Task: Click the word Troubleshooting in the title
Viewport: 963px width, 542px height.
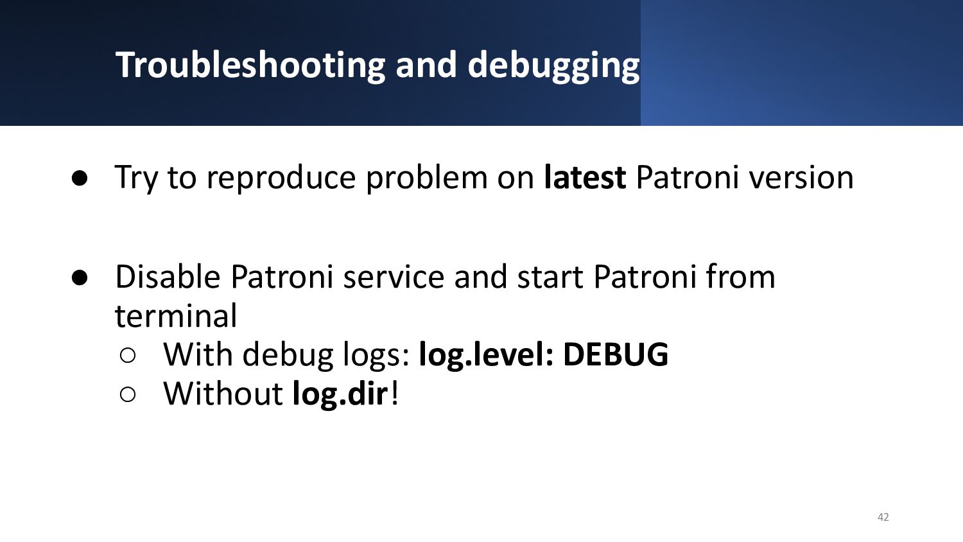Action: pyautogui.click(x=250, y=65)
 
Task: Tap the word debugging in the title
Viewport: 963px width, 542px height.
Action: pyautogui.click(x=553, y=65)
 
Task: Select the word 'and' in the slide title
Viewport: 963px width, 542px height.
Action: pyautogui.click(x=426, y=65)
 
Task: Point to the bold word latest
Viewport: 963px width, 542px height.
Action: pyautogui.click(x=585, y=177)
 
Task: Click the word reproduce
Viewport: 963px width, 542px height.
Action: pyautogui.click(x=281, y=178)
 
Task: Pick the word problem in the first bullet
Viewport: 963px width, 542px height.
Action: pyautogui.click(x=426, y=178)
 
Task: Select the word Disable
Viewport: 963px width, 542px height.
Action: pyautogui.click(x=168, y=276)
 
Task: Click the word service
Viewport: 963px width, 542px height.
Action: pyautogui.click(x=394, y=277)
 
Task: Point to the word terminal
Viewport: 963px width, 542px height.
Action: pyautogui.click(x=176, y=316)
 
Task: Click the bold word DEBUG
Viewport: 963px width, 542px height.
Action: pyautogui.click(x=616, y=355)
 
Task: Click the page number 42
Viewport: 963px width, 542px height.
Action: pyautogui.click(x=883, y=517)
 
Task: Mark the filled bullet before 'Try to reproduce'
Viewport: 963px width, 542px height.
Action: pyautogui.click(x=80, y=179)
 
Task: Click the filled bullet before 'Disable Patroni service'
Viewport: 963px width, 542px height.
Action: pyautogui.click(x=80, y=278)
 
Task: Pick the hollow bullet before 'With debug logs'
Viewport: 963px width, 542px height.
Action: pyautogui.click(x=128, y=356)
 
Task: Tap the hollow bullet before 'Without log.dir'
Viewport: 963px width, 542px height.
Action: pyautogui.click(x=128, y=394)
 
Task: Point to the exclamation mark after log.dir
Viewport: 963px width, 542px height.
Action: pyautogui.click(x=394, y=393)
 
